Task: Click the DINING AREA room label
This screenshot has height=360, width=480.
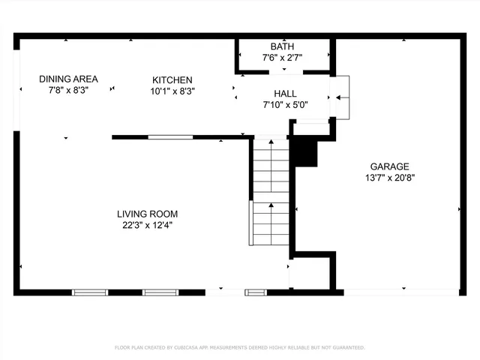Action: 68,79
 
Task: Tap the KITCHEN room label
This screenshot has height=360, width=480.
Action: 172,80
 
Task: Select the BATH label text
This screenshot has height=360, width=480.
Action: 282,46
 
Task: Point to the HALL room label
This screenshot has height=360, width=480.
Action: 285,94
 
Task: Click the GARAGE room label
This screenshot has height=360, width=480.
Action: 389,166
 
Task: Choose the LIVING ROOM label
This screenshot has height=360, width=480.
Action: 147,214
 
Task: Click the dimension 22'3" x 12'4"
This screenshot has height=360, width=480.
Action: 147,225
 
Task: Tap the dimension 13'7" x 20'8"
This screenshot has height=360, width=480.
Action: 389,178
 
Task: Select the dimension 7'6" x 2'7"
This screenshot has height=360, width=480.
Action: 282,58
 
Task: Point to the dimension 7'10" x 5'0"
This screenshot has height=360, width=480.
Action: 285,105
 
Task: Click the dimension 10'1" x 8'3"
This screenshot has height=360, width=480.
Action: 172,91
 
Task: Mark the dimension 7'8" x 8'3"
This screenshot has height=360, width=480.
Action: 68,90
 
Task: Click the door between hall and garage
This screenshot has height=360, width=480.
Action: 340,97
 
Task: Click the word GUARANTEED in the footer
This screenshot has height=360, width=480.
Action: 347,347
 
